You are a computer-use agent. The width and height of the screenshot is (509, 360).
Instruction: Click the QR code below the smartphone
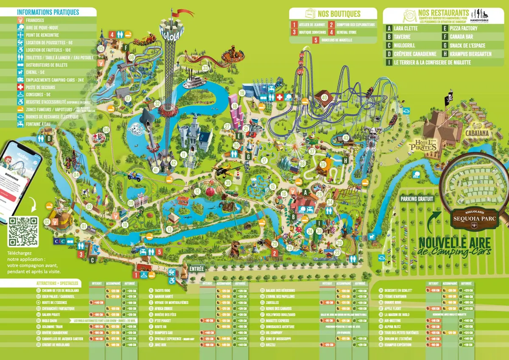point(23,231)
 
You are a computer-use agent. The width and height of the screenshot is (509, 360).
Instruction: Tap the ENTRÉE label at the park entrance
point(197,269)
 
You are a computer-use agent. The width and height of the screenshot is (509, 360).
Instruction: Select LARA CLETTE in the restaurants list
point(406,28)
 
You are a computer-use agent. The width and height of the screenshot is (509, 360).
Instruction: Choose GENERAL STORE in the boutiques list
point(347,32)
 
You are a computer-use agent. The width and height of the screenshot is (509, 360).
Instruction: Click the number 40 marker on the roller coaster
point(324,97)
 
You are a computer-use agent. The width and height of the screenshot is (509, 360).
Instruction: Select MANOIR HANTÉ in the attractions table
point(165,296)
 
